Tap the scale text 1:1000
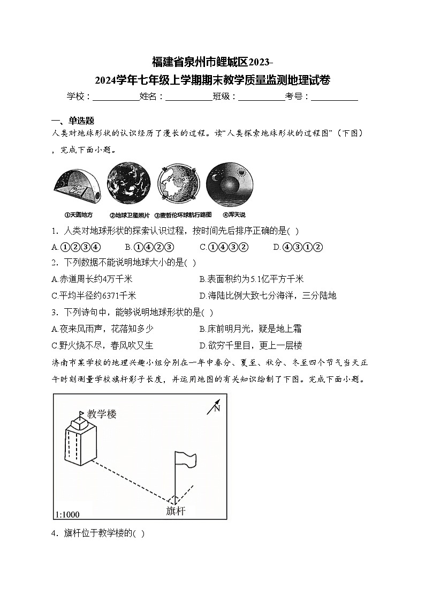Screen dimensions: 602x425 pos(67,515)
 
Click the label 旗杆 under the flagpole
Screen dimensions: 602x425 pos(176,510)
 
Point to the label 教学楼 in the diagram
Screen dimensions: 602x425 pos(102,414)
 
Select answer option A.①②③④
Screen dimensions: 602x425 pos(76,247)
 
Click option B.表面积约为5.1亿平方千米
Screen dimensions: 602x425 pos(251,279)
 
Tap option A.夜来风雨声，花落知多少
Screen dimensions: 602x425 pos(102,329)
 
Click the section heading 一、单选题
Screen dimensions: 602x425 pos(72,121)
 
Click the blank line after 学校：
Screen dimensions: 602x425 pos(116,97)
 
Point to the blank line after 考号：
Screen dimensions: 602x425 pos(335,97)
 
